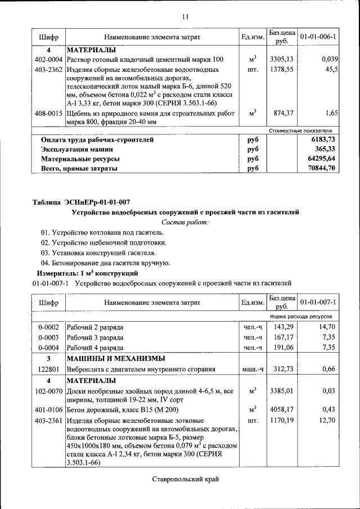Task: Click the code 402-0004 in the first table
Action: click(48, 59)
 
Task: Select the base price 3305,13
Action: click(281, 59)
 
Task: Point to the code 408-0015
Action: click(48, 113)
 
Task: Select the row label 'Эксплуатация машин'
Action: click(76, 149)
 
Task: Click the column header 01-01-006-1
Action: click(318, 37)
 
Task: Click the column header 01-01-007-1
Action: click(318, 302)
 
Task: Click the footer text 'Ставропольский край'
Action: click(184, 479)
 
